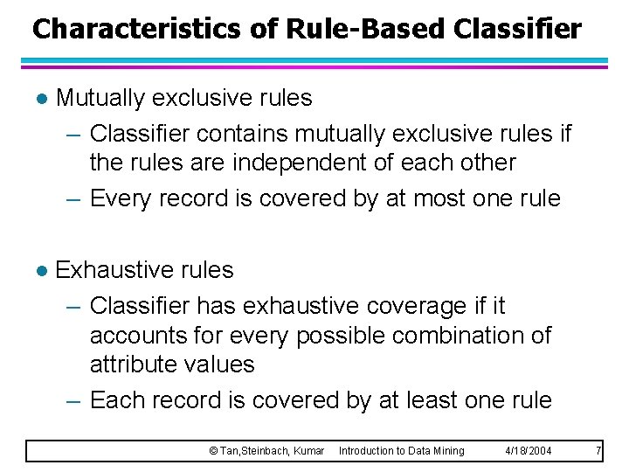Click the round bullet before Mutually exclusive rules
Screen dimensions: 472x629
click(38, 98)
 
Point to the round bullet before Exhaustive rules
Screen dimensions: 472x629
click(38, 271)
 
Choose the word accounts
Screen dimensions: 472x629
click(142, 336)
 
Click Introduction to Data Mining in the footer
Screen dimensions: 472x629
click(401, 451)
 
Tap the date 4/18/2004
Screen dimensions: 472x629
click(528, 451)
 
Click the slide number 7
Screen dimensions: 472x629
click(598, 451)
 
